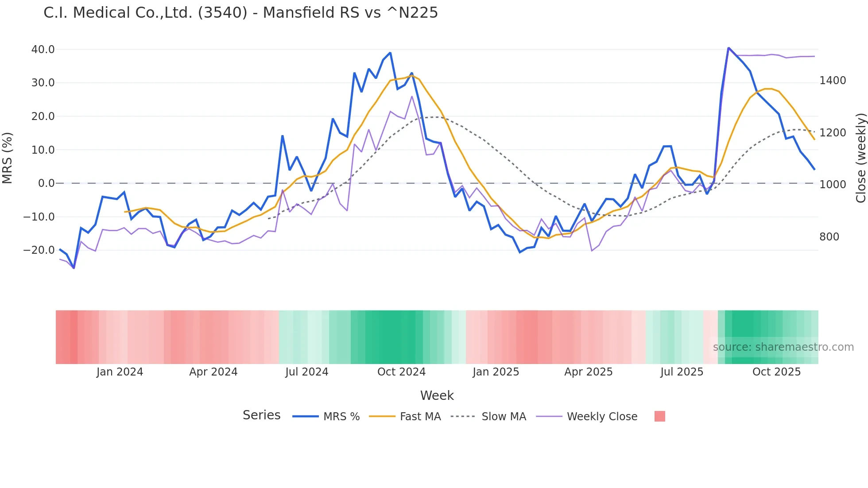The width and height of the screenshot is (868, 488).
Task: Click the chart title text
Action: point(240,13)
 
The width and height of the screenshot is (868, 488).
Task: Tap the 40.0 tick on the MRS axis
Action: point(43,50)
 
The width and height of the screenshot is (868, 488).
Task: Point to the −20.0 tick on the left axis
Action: point(39,250)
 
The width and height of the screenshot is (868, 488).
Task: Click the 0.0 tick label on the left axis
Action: point(46,183)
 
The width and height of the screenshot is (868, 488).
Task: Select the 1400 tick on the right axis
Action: point(833,81)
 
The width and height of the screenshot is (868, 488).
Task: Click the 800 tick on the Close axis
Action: point(829,237)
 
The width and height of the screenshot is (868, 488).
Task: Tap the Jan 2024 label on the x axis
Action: point(120,372)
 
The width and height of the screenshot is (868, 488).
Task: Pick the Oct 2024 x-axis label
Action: point(401,372)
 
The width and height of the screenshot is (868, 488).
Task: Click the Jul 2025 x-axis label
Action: point(682,372)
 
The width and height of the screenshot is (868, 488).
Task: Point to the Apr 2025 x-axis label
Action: point(588,372)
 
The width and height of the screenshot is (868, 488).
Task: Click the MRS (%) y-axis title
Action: point(8,158)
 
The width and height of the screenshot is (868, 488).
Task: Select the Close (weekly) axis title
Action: point(860,158)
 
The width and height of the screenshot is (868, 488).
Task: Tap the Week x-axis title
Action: point(437,395)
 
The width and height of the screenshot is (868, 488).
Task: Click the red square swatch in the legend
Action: point(659,416)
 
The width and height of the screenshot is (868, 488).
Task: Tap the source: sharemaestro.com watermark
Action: point(783,347)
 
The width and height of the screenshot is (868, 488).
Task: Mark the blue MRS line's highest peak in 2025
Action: point(728,48)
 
